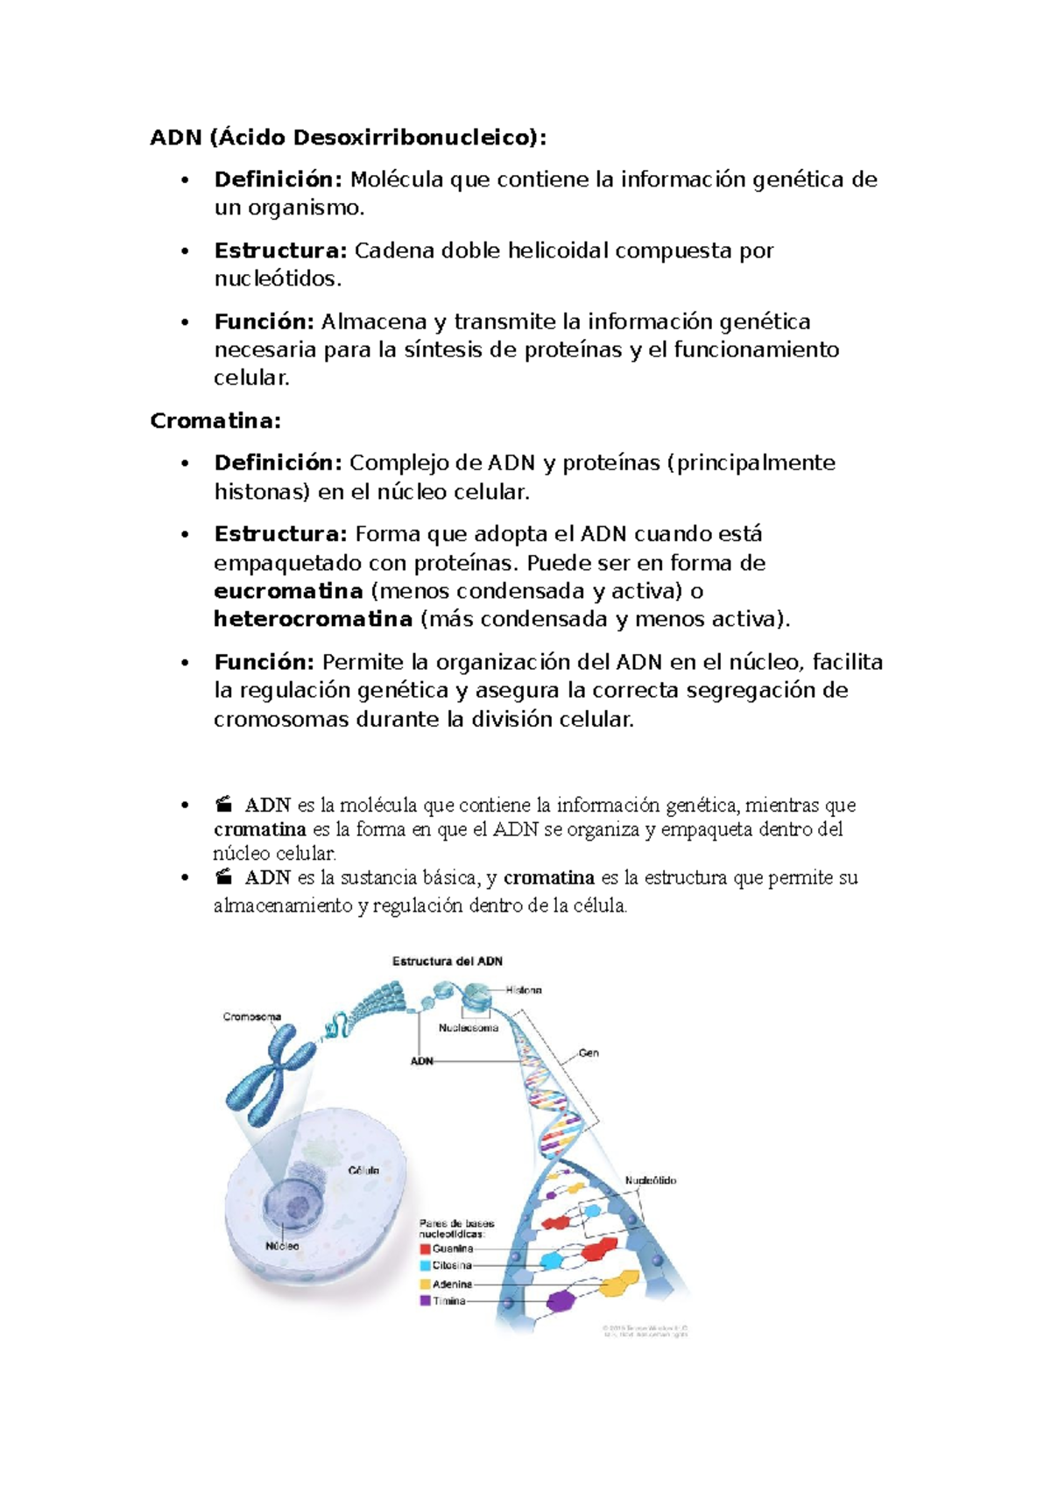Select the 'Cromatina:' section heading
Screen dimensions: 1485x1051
[215, 421]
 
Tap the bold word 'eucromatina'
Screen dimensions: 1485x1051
[288, 591]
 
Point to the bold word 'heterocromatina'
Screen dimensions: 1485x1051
[313, 620]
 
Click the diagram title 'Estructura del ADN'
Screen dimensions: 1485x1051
[447, 961]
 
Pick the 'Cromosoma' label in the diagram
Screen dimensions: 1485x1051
[252, 1017]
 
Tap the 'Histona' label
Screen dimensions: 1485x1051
[524, 990]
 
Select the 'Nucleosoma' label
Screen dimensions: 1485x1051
[469, 1028]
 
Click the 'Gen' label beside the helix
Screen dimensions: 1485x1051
[589, 1053]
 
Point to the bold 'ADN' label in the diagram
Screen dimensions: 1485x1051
[422, 1061]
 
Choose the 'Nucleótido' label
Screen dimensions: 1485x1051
[650, 1181]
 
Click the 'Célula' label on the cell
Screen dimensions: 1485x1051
[363, 1171]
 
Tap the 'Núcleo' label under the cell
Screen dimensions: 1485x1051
[282, 1246]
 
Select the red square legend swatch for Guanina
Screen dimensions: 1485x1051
[425, 1249]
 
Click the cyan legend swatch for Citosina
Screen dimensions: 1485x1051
[425, 1266]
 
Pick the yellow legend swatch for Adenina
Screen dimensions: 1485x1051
[425, 1284]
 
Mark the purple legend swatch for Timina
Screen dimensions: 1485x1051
[425, 1301]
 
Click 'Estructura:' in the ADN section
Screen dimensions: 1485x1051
[281, 251]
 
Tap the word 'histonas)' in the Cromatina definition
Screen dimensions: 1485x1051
[262, 492]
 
